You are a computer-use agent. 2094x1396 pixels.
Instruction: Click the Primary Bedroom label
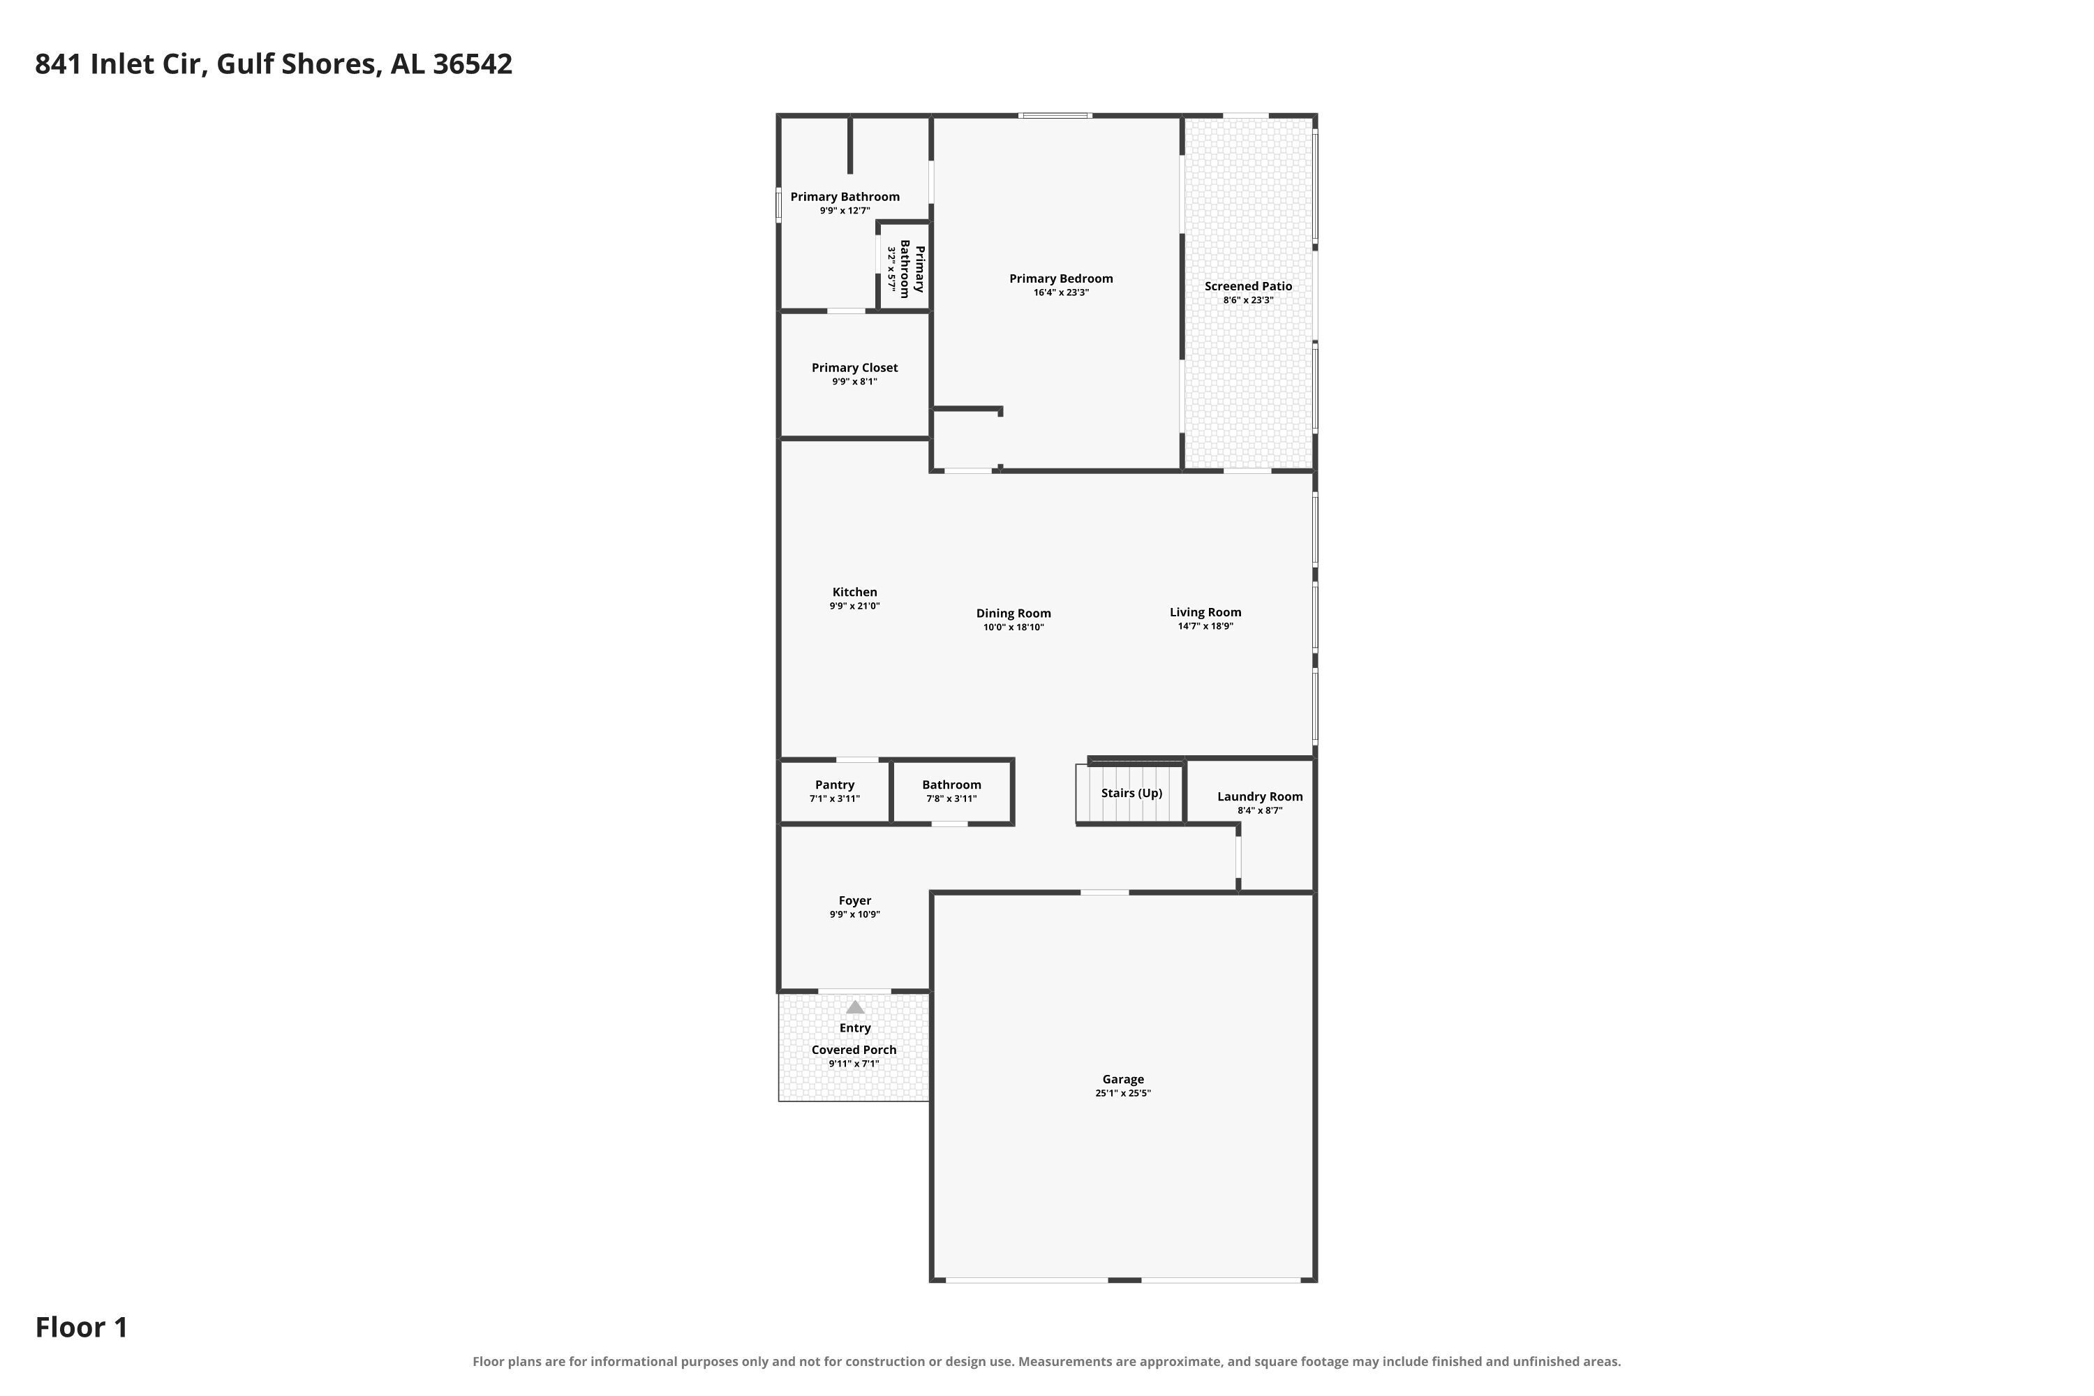1060,279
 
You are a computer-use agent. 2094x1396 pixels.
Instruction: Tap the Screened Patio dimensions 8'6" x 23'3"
1248,300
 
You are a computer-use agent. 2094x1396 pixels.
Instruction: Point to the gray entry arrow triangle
854,1007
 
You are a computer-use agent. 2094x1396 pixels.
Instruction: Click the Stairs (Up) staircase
1130,792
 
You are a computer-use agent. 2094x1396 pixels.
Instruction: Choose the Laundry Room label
1260,797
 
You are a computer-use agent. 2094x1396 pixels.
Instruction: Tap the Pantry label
834,785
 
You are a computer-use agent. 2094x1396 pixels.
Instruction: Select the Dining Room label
1013,614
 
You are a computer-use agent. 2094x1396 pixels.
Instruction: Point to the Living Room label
1205,613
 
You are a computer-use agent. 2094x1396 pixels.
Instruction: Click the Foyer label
854,900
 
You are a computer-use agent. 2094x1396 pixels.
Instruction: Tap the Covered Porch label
854,1050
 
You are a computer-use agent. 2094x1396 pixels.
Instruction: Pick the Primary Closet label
854,368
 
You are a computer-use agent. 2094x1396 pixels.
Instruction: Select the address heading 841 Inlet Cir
121,64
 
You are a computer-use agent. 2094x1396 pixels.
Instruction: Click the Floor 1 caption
82,1328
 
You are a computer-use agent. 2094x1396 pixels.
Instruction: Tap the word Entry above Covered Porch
854,1028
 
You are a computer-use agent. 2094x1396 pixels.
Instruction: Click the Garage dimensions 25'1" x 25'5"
1122,1093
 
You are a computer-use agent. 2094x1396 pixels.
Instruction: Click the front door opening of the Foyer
854,991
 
